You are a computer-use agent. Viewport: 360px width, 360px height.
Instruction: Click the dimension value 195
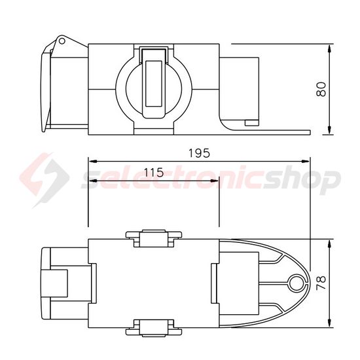(x=198, y=153)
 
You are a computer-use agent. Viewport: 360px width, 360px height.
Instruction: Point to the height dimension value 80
(x=321, y=89)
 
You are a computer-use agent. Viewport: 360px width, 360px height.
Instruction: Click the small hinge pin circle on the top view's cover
(x=62, y=41)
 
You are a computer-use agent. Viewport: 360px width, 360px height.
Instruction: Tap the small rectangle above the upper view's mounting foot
(x=251, y=122)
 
